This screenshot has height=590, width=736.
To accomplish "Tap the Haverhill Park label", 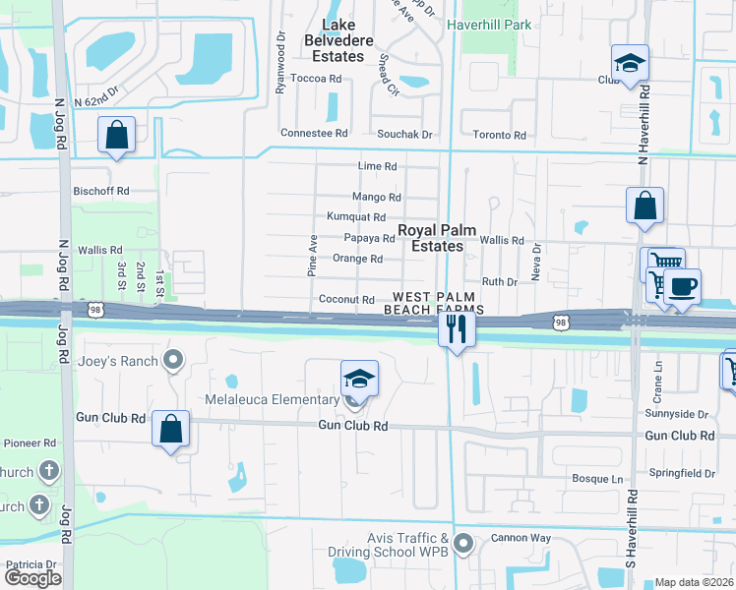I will click(488, 24).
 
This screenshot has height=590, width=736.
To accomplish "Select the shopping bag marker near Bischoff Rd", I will click(117, 136).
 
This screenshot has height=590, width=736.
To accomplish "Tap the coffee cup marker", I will click(681, 287).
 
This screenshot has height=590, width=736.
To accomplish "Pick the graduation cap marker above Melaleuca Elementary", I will click(359, 379).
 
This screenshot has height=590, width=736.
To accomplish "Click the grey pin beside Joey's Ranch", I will click(174, 361).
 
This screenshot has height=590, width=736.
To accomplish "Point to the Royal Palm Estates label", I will click(437, 238).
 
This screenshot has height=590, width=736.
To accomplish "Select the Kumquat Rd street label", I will click(355, 216).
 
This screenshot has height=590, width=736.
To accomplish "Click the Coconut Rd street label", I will click(346, 299).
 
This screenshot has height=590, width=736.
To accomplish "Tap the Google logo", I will click(32, 578).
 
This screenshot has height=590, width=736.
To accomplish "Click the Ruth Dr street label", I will click(499, 281).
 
